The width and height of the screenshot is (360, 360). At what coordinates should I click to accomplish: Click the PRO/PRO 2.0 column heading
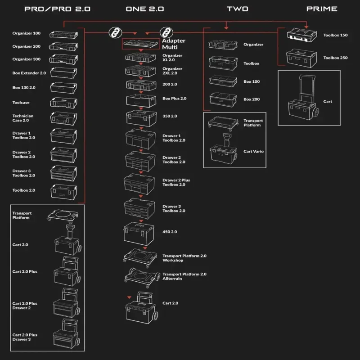57,9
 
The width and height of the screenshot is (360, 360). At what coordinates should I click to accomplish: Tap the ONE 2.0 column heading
144,9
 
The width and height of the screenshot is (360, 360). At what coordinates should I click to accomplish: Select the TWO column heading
237,9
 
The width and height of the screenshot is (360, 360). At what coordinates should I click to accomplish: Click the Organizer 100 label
27,33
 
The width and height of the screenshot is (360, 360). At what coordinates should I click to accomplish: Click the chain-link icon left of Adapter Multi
114,33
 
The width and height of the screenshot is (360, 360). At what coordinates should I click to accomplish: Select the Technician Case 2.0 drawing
63,118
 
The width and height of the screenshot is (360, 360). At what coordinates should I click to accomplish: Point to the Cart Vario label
254,152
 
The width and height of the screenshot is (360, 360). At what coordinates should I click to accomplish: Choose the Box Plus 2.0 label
174,98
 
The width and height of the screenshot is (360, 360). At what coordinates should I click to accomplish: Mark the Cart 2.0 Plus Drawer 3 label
25,337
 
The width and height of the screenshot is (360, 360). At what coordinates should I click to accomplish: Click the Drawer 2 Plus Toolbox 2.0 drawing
141,183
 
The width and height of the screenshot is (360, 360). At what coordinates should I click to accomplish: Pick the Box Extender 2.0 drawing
63,72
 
